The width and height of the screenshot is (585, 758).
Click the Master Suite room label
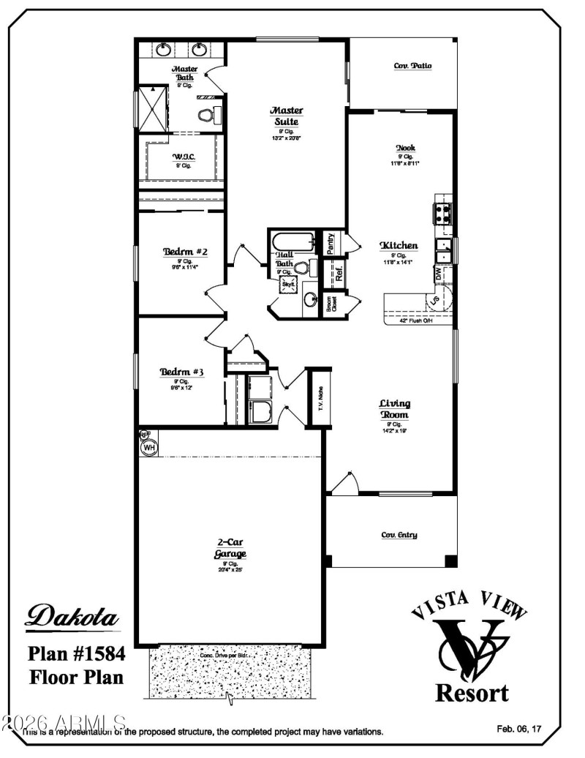[286, 116]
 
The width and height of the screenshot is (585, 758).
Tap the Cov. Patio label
[412, 66]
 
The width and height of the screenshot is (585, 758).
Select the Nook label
[406, 148]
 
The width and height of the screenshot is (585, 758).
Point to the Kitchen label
[399, 246]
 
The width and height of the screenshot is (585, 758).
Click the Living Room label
[394, 409]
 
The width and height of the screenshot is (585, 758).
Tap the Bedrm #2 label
[185, 252]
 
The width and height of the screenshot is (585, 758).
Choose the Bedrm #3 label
[181, 372]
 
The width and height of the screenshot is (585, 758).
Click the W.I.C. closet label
[183, 157]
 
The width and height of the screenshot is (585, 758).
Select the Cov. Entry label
[399, 535]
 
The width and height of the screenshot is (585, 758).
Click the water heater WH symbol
[149, 447]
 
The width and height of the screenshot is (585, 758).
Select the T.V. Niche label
[320, 399]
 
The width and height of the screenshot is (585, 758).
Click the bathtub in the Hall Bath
[292, 241]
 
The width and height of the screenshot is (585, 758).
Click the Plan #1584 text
[77, 653]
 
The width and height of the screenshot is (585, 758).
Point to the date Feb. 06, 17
[519, 729]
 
